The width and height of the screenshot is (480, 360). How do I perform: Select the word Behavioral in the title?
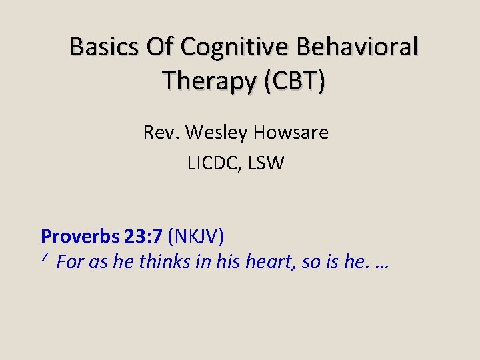359,47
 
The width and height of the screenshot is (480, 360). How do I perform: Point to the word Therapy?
209,81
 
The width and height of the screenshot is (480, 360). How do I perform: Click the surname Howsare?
290,133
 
